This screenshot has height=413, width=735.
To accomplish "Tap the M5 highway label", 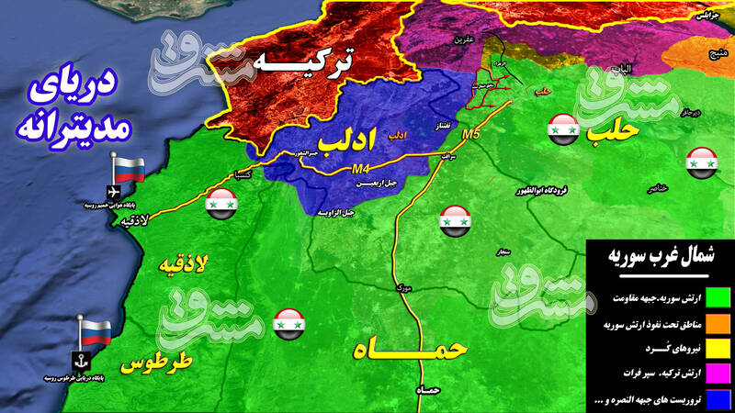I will coord(471,135).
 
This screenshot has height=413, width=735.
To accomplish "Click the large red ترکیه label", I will coord(304,63).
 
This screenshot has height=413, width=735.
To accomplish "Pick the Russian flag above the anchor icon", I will coord(95,329).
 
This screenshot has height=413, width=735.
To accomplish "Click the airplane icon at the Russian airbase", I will coord(113,191).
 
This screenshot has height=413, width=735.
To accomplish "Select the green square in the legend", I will coord(718,296).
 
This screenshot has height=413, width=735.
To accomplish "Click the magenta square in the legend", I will coord(718,374).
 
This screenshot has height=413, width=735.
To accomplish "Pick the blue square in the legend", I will coord(718,398).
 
